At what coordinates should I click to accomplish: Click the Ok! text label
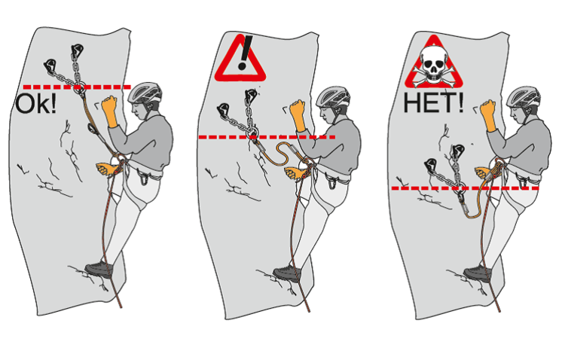pyautogui.click(x=35, y=103)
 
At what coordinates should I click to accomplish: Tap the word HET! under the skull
pyautogui.click(x=433, y=102)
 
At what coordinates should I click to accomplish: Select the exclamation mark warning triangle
pyautogui.click(x=240, y=59)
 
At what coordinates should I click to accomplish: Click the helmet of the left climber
pyautogui.click(x=145, y=92)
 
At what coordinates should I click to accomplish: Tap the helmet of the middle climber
pyautogui.click(x=333, y=96)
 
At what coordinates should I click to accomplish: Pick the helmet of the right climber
pyautogui.click(x=524, y=96)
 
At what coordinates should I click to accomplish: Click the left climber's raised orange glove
pyautogui.click(x=109, y=111)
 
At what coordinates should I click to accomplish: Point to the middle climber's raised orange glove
pyautogui.click(x=298, y=115)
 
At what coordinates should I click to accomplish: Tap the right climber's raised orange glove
pyautogui.click(x=488, y=115)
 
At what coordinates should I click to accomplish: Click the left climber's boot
pyautogui.click(x=99, y=269)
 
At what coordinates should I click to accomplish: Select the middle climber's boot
pyautogui.click(x=287, y=273)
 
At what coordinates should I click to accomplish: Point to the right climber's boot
pyautogui.click(x=478, y=273)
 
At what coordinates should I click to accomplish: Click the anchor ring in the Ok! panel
pyautogui.click(x=80, y=87)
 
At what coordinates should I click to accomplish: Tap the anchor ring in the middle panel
pyautogui.click(x=252, y=134)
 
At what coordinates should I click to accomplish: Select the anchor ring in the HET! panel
pyautogui.click(x=460, y=188)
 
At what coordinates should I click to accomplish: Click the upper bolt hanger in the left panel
pyautogui.click(x=77, y=50)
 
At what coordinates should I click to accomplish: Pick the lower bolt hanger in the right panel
pyautogui.click(x=431, y=164)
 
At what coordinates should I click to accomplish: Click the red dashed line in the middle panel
pyautogui.click(x=267, y=137)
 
